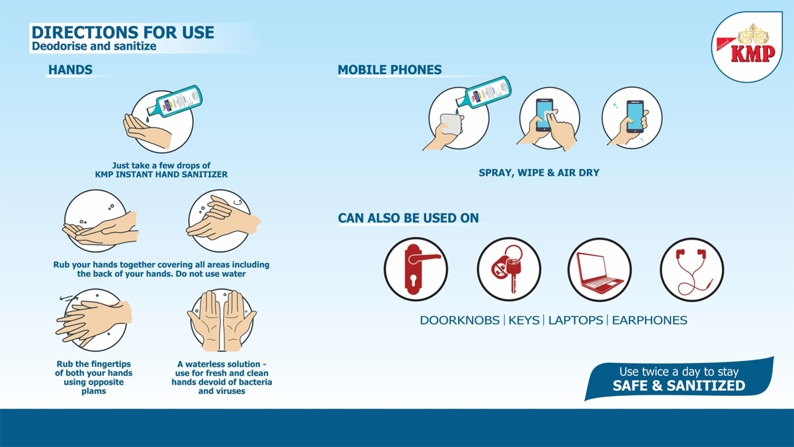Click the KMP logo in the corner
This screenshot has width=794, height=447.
(747, 47)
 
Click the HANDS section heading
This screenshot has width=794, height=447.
(70, 70)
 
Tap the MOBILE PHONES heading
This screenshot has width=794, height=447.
(390, 70)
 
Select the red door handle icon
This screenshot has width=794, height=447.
(420, 270)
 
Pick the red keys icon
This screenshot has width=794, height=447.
(507, 269)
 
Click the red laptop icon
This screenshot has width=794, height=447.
(599, 272)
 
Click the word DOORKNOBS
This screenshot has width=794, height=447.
(459, 321)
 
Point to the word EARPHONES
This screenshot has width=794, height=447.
(649, 321)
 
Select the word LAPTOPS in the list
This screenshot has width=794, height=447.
(575, 321)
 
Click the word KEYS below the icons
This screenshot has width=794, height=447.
(523, 321)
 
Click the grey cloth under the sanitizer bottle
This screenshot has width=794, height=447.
(451, 124)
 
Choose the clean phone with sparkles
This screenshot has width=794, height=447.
(635, 117)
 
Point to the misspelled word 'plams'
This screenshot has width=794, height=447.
(93, 391)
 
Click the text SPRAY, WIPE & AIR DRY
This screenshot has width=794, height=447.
(539, 173)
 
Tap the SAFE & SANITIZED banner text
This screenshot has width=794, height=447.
(679, 385)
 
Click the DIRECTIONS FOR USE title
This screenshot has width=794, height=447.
(122, 32)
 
